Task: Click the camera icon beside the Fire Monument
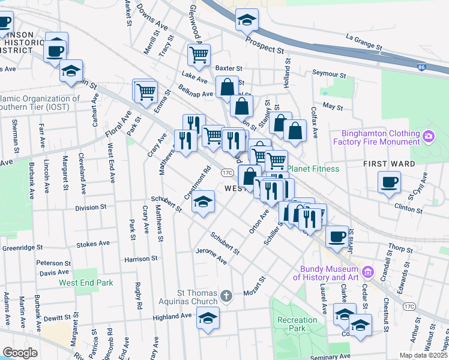click(x=428, y=137)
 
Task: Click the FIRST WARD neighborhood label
click(x=389, y=163)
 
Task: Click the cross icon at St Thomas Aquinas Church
click(x=226, y=295)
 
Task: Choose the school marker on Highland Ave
click(x=208, y=318)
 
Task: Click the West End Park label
click(x=86, y=283)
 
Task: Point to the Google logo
click(x=20, y=353)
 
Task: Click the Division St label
click(x=91, y=207)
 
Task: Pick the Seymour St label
click(x=330, y=74)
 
